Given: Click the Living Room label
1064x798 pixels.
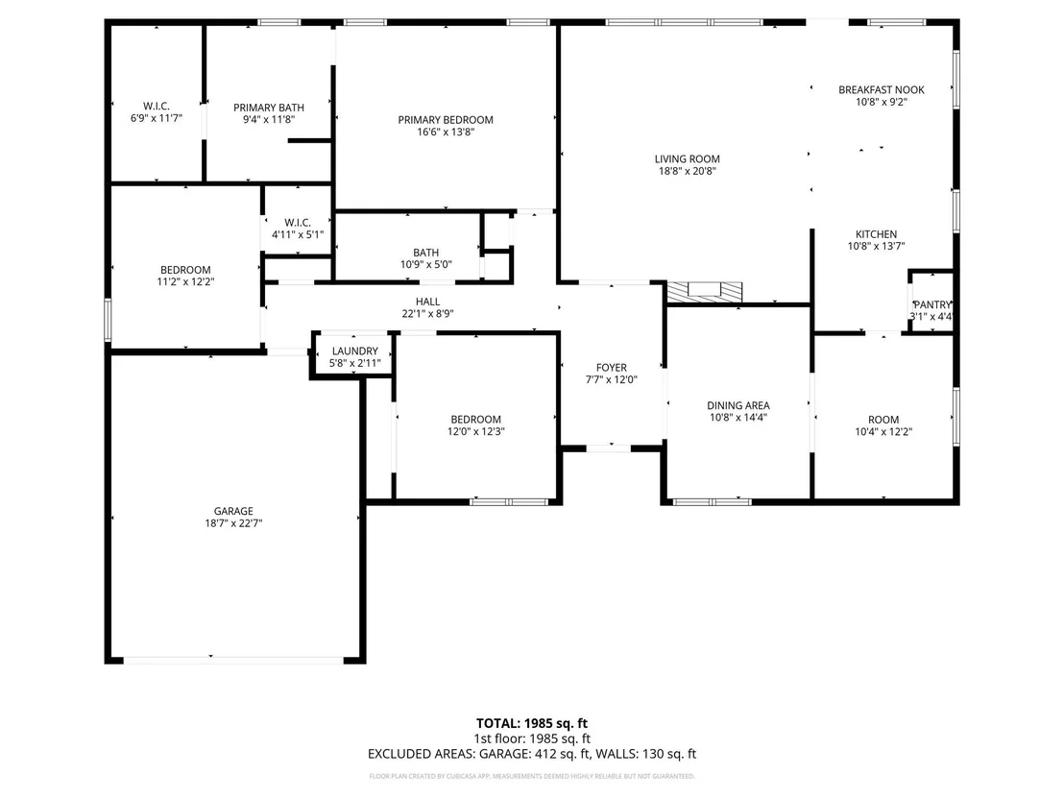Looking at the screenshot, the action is pyautogui.click(x=687, y=158).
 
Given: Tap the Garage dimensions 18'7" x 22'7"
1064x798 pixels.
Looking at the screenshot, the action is pyautogui.click(x=233, y=523).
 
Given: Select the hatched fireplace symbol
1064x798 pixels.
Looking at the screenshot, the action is pyautogui.click(x=704, y=292).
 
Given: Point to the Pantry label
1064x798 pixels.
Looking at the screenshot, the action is pyautogui.click(x=931, y=304).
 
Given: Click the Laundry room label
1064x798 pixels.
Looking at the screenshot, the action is pyautogui.click(x=355, y=351).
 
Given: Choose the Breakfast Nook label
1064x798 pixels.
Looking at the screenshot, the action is pyautogui.click(x=881, y=89).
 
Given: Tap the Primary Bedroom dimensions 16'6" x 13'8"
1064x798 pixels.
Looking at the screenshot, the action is pyautogui.click(x=446, y=132).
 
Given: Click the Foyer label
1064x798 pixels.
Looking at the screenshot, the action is pyautogui.click(x=612, y=368).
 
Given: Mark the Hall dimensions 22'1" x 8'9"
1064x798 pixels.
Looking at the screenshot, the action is pyautogui.click(x=427, y=313).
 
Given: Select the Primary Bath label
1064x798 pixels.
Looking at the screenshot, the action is pyautogui.click(x=269, y=108).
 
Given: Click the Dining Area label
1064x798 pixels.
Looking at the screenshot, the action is pyautogui.click(x=738, y=406).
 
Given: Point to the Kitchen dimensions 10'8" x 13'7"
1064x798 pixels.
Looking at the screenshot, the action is pyautogui.click(x=876, y=247).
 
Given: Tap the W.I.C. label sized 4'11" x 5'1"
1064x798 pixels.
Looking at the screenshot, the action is pyautogui.click(x=298, y=223).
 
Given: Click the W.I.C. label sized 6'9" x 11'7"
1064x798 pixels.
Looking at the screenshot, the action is pyautogui.click(x=157, y=106).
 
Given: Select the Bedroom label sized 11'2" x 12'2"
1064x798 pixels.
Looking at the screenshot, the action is pyautogui.click(x=185, y=270).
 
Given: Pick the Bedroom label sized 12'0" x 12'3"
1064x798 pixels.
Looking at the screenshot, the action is pyautogui.click(x=475, y=420).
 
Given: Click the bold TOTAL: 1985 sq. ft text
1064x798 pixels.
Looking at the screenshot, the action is pyautogui.click(x=532, y=723).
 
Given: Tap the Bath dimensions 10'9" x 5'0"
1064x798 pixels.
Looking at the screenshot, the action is pyautogui.click(x=426, y=265).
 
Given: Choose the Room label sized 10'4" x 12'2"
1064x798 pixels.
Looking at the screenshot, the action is pyautogui.click(x=883, y=420).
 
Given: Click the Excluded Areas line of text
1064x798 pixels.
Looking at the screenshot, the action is pyautogui.click(x=532, y=753).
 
